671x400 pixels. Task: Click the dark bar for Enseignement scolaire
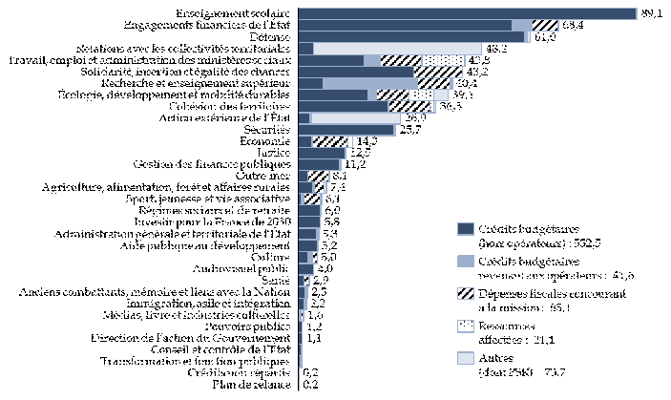coord(468,13)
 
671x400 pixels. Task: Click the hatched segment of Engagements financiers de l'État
coord(544,25)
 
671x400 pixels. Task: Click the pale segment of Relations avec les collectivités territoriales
coord(397,48)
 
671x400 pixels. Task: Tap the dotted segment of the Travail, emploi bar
coord(441,60)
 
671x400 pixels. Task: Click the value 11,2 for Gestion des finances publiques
coord(356,164)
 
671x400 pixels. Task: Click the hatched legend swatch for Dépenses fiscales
coord(466,291)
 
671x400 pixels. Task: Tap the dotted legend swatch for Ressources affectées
coord(466,325)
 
